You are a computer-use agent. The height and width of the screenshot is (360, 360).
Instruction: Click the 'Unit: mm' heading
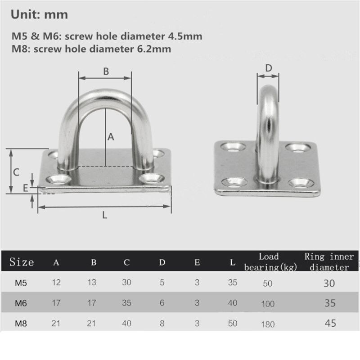(39, 14)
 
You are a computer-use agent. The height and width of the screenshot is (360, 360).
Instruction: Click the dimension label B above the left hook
(106, 71)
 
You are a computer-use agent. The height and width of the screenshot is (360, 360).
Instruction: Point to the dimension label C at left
(15, 171)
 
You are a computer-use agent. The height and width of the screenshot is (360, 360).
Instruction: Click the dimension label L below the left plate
(104, 215)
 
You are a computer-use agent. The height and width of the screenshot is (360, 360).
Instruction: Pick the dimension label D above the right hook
(268, 68)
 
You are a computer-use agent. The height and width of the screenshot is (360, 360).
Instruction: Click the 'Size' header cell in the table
(22, 262)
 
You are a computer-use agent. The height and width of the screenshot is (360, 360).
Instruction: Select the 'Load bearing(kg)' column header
(269, 262)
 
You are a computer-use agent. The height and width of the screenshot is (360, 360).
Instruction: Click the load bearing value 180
(268, 324)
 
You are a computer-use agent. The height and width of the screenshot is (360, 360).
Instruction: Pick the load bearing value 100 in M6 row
(268, 304)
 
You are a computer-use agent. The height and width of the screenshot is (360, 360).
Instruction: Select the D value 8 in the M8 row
(162, 323)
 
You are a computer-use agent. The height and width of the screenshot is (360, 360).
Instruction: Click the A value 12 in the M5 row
(57, 283)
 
